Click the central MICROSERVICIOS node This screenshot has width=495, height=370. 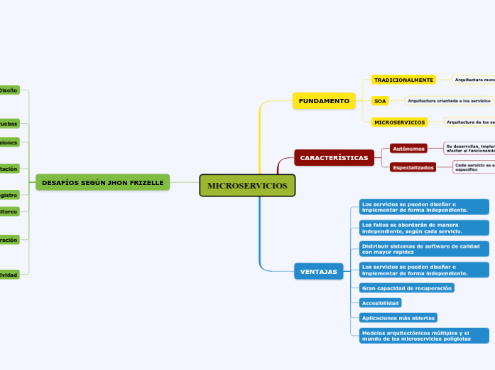[x=247, y=186]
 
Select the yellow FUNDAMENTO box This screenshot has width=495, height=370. [x=324, y=101]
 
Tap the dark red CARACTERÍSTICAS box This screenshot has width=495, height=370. [x=334, y=157]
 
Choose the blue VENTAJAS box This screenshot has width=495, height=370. [x=319, y=272]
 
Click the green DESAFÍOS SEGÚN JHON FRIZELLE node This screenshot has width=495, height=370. [x=103, y=183]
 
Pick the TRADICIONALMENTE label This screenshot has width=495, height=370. [x=404, y=80]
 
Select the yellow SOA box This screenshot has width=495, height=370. [x=381, y=101]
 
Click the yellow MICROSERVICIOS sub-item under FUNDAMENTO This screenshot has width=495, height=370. [x=400, y=122]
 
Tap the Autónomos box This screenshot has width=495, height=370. [x=408, y=149]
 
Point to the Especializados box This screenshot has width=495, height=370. [x=413, y=167]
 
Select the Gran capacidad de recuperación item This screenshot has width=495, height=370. [x=406, y=288]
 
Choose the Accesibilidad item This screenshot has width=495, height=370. [x=381, y=303]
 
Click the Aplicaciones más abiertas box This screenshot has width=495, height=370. [x=398, y=317]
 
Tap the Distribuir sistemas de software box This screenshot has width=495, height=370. [x=424, y=248]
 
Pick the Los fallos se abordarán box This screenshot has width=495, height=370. [x=424, y=228]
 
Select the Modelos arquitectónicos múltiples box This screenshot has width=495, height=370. [x=424, y=335]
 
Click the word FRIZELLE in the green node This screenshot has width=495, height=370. [x=146, y=183]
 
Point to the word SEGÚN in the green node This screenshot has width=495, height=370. [x=93, y=183]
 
